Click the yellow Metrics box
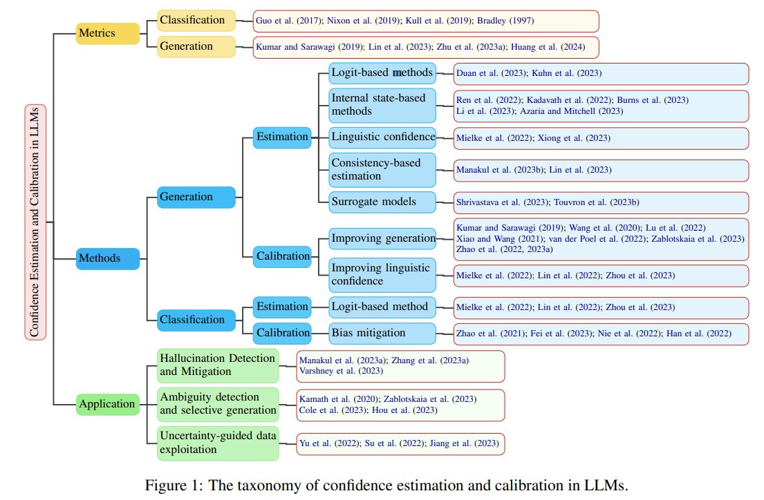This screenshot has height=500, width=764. [107, 33]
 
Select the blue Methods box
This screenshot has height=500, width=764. [107, 258]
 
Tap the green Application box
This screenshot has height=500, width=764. [107, 404]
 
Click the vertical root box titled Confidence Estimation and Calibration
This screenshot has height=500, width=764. [35, 221]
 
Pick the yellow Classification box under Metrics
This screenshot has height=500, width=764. [196, 21]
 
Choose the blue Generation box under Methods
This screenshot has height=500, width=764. [196, 198]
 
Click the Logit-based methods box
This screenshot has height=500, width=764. [382, 73]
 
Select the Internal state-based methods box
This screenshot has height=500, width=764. [382, 104]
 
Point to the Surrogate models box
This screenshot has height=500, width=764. [382, 202]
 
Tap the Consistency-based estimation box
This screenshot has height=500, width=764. [382, 170]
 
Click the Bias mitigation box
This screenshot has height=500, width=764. [382, 333]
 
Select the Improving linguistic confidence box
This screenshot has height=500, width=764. [382, 275]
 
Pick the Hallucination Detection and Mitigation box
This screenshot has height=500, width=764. [218, 365]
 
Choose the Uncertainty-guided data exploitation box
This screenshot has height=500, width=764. [218, 443]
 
